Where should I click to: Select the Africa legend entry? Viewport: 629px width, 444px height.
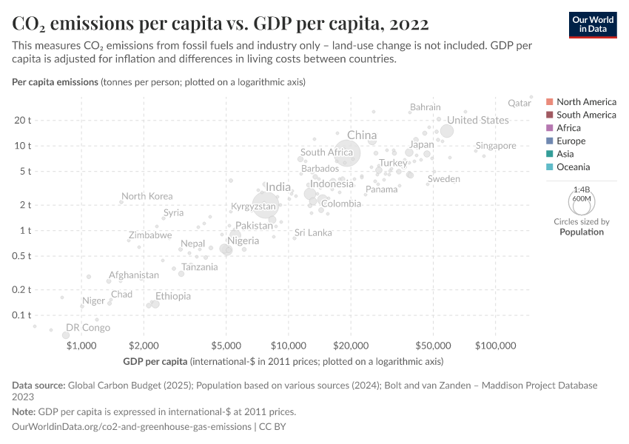click(568, 128)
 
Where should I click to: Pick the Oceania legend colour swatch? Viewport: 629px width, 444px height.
click(550, 167)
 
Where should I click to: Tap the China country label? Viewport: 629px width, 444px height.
click(362, 135)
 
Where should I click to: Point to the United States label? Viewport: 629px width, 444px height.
click(478, 120)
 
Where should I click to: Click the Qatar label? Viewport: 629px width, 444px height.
click(521, 104)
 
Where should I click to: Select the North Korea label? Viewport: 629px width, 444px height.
click(147, 196)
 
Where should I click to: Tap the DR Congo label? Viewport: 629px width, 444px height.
click(88, 327)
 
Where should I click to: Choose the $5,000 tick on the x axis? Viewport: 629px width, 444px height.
click(226, 345)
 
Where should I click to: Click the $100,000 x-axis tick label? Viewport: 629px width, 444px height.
click(495, 345)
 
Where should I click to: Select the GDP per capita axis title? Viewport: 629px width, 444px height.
click(155, 362)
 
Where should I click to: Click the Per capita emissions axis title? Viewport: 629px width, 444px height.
click(55, 81)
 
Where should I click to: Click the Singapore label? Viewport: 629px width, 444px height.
click(496, 146)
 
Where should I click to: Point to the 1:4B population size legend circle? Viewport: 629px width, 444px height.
click(582, 201)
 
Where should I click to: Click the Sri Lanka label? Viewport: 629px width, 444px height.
click(313, 232)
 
